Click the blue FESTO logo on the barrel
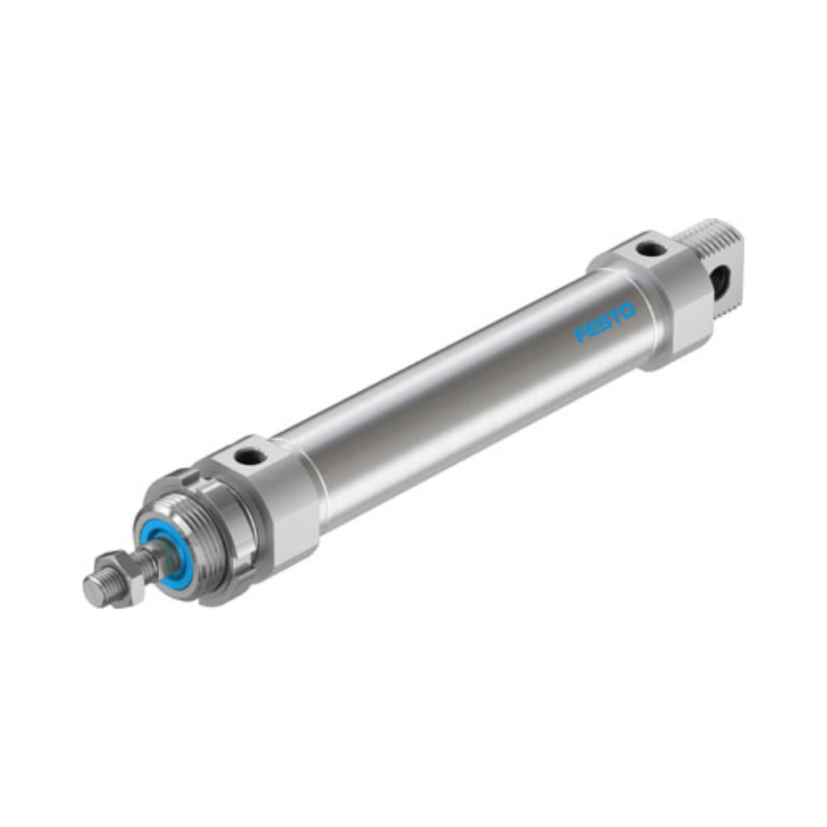tap(605, 322)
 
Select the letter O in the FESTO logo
tap(628, 311)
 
